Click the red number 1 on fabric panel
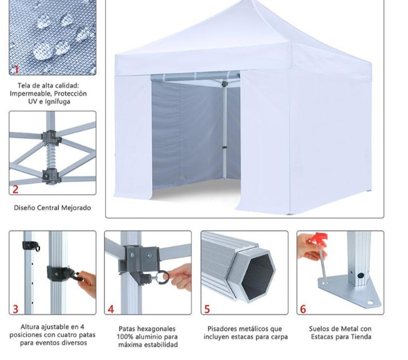click(x=16, y=69)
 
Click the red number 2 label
click(x=16, y=189)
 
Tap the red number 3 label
click(x=16, y=309)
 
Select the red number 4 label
click(x=111, y=309)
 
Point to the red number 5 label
click(x=207, y=309)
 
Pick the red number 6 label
click(x=303, y=309)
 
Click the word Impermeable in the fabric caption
click(x=30, y=94)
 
